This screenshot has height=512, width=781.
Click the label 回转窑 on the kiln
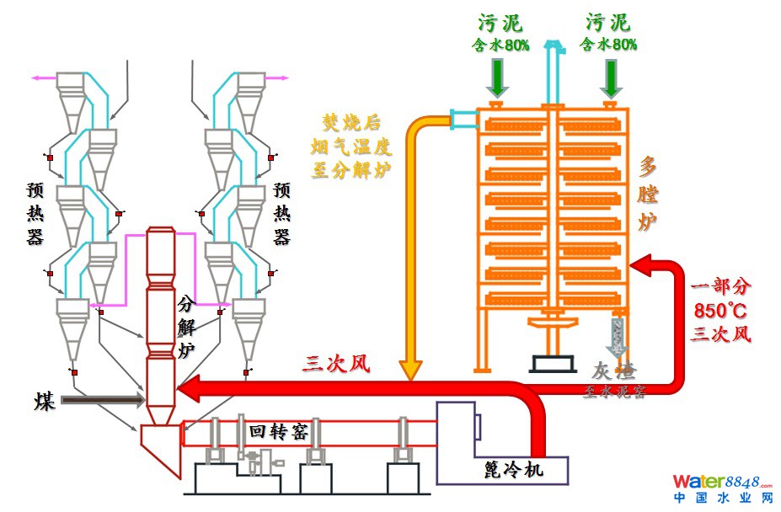[x=278, y=432]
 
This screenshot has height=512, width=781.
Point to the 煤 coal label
[x=45, y=401]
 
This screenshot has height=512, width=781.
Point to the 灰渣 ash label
[x=612, y=371]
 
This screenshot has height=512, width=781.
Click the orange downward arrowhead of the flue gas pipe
[x=410, y=370]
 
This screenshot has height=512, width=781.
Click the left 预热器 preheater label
[x=35, y=214]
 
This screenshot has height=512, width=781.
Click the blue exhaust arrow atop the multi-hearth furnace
[x=552, y=51]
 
